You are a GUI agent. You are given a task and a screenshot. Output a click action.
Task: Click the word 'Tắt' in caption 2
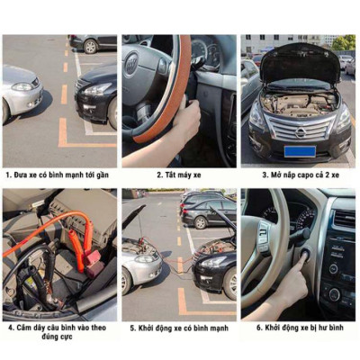coord(169,175)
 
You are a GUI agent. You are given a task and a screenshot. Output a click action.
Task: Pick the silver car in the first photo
coord(20,90)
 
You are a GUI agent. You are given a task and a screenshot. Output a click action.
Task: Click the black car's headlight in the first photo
coord(96,89)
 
